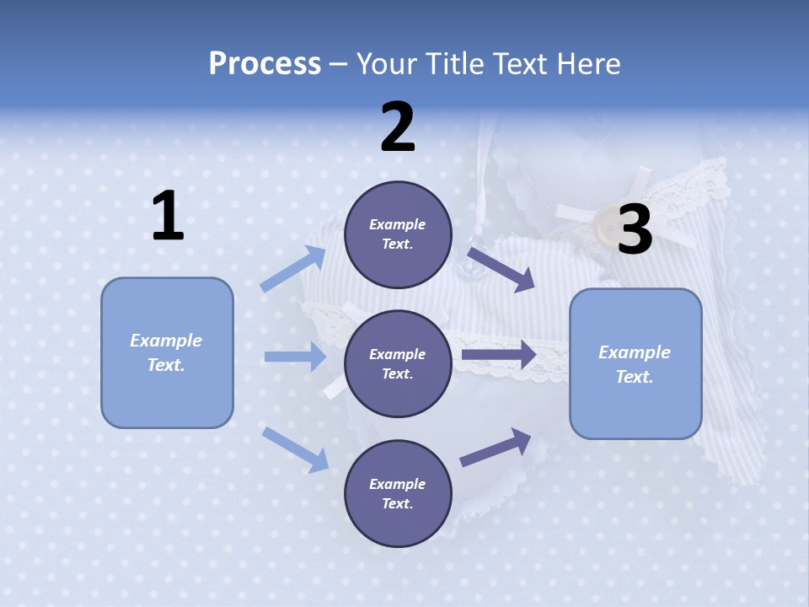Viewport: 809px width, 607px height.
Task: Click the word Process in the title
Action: (265, 63)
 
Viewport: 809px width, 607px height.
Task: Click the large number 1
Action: (169, 215)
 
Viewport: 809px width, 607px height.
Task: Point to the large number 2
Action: (397, 126)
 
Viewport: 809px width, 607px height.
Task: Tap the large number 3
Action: (635, 228)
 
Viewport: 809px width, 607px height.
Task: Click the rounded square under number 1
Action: (167, 353)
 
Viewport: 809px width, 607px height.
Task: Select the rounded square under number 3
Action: (635, 364)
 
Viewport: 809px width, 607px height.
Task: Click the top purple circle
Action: (398, 234)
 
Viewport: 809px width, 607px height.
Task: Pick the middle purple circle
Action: (398, 364)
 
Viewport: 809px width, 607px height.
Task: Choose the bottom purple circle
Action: (398, 493)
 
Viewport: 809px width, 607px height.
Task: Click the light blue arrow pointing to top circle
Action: (292, 268)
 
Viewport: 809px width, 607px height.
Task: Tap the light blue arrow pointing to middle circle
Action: (295, 356)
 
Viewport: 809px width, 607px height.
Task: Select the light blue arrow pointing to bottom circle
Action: (295, 450)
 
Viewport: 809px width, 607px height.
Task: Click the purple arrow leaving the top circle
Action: (501, 270)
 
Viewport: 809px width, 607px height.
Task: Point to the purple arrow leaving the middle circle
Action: (499, 354)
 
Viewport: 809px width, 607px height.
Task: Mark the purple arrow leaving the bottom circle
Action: (496, 447)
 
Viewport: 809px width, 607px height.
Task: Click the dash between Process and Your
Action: (338, 66)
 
